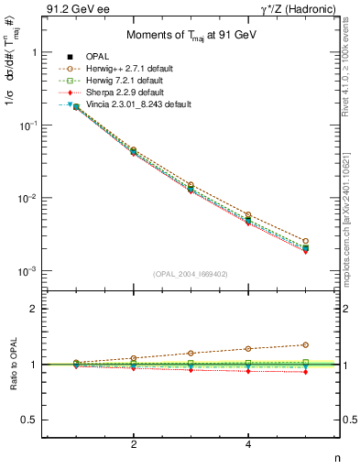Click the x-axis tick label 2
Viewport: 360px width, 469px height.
point(134,444)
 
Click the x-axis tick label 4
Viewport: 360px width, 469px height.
point(248,444)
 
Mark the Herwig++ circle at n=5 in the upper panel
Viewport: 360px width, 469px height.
point(306,241)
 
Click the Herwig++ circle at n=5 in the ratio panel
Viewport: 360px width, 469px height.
point(306,344)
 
